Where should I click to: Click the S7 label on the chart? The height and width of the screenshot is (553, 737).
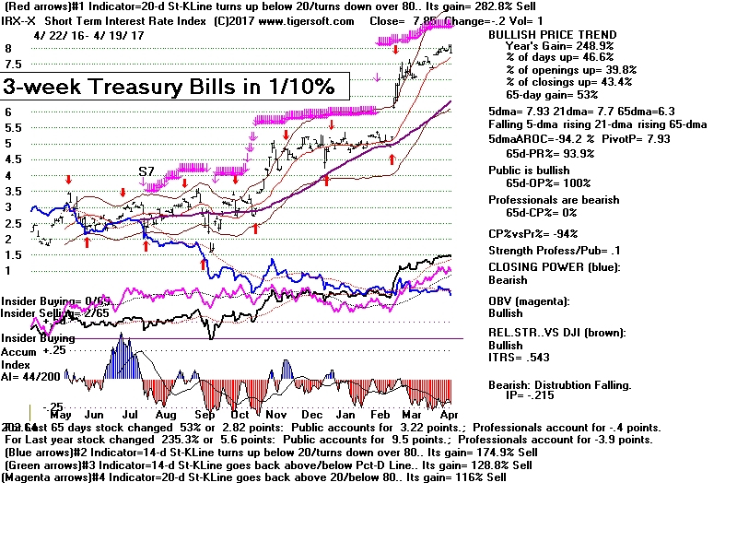(x=146, y=172)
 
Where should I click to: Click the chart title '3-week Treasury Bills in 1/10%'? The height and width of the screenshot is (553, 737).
(x=175, y=87)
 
